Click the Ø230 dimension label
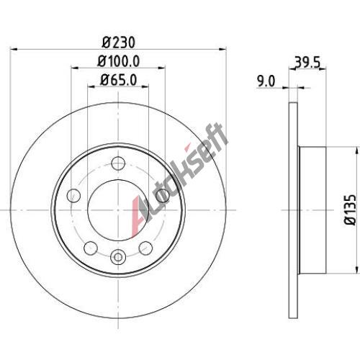tap(119, 42)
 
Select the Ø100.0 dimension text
tap(119, 61)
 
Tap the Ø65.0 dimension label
tap(119, 80)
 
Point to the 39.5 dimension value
tap(307, 63)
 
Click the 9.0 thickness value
tap(266, 81)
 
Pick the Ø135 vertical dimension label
tap(351, 210)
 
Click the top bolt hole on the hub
tap(118, 163)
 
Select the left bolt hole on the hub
tap(73, 195)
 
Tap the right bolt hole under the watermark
tap(163, 195)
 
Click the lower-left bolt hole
tap(91, 248)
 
